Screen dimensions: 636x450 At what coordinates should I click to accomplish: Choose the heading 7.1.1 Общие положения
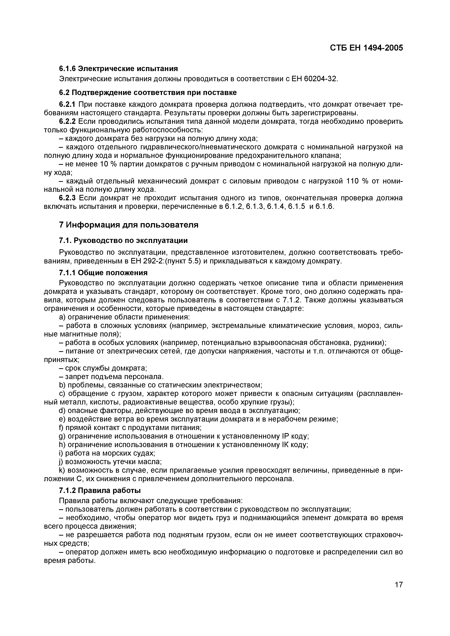(x=103, y=273)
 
